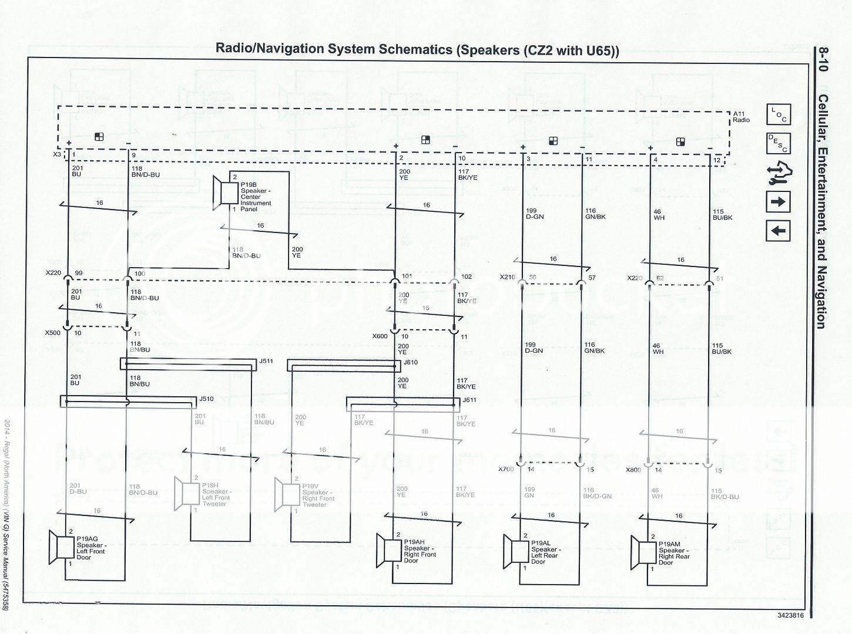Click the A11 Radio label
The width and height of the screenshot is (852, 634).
[741, 116]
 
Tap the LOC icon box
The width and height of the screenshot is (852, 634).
[779, 115]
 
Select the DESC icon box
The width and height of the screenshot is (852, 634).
[779, 143]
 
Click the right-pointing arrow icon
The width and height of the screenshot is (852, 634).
[779, 203]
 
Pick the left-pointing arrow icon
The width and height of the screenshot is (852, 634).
[779, 231]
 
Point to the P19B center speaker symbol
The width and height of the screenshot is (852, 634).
[224, 192]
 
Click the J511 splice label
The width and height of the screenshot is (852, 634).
[266, 361]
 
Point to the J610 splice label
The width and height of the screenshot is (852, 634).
[410, 362]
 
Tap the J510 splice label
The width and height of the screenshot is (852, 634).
[206, 399]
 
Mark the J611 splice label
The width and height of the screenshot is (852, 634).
[469, 400]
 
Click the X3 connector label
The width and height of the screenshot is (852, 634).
[57, 155]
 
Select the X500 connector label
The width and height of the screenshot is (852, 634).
[52, 333]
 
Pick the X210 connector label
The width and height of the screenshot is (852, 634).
[507, 277]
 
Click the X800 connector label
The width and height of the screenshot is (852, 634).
[634, 470]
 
